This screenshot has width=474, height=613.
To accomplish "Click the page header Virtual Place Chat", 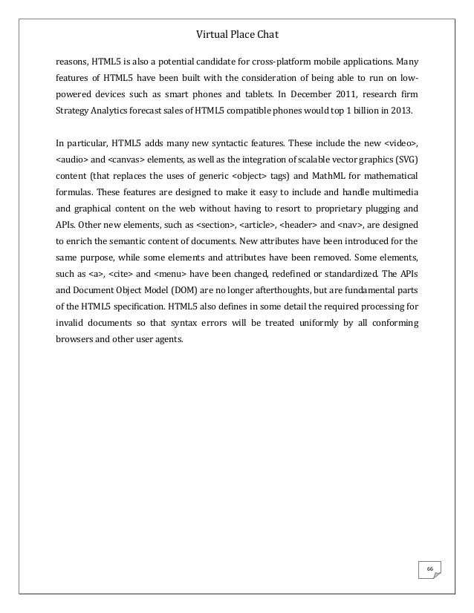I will (x=236, y=33).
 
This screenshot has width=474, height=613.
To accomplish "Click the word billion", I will (x=369, y=111).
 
